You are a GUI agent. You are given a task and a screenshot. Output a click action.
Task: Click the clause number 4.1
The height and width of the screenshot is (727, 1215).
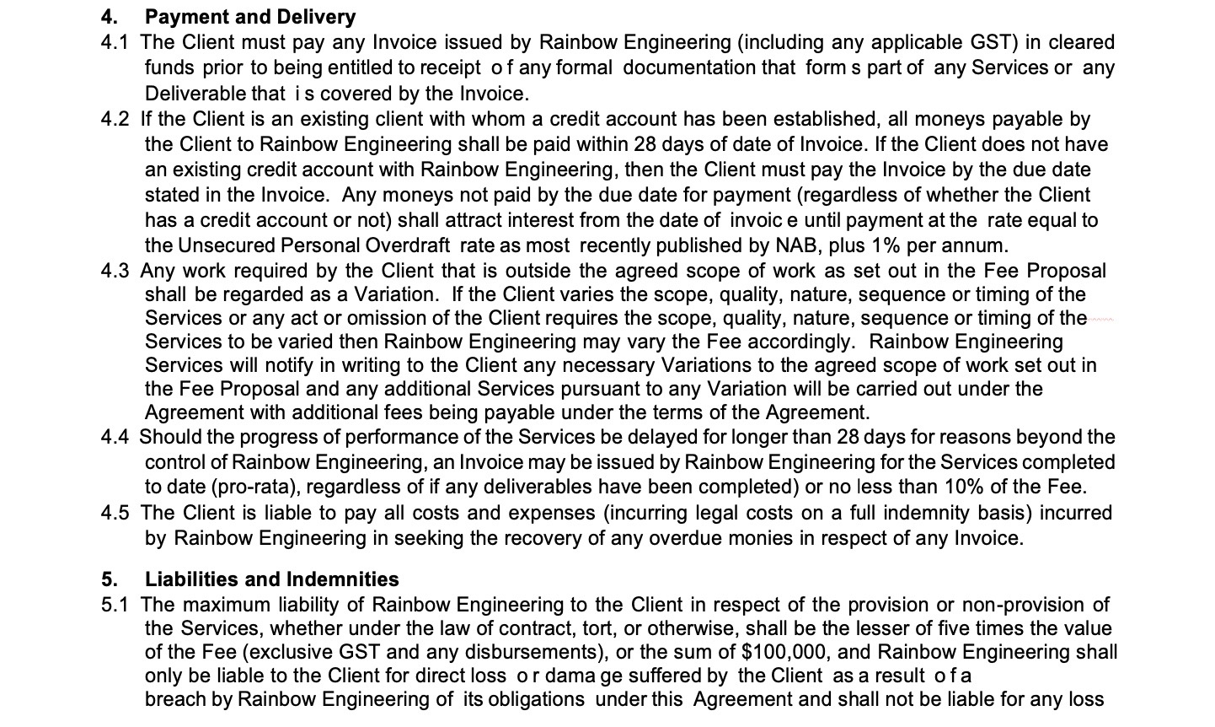pos(115,42)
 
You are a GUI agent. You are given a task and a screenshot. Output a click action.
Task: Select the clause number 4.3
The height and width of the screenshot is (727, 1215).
pos(115,271)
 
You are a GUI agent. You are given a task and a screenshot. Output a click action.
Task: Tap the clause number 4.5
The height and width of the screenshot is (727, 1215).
pos(115,513)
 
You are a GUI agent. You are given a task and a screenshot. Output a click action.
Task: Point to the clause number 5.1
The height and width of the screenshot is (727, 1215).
pos(115,605)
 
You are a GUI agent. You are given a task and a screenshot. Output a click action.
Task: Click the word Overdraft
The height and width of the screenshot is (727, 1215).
pos(410,245)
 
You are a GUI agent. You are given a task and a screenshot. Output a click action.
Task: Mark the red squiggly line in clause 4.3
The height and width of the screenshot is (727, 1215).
pos(1101,320)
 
